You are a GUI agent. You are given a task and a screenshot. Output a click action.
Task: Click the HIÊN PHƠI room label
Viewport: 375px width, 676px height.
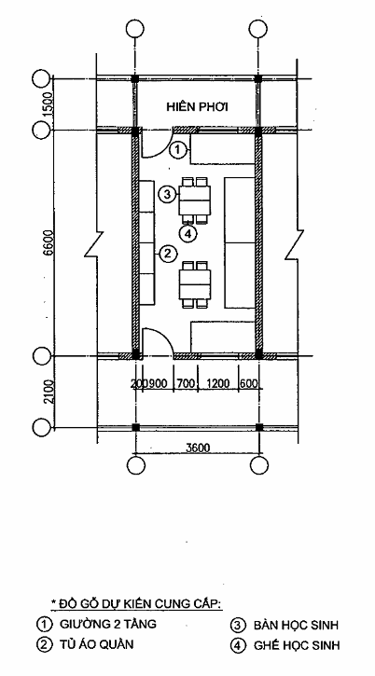(x=197, y=107)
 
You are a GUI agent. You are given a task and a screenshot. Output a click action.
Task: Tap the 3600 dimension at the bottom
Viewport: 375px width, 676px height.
(x=198, y=448)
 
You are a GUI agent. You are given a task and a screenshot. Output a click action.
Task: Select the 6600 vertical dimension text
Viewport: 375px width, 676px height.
(x=48, y=243)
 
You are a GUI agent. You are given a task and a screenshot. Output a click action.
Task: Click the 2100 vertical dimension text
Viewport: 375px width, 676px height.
(x=49, y=392)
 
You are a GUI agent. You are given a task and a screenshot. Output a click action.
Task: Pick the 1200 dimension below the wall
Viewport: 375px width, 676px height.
(x=218, y=384)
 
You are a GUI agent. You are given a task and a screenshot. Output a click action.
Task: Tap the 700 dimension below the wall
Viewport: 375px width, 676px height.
(x=186, y=384)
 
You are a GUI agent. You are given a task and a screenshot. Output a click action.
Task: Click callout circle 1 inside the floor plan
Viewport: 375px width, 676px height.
(x=177, y=151)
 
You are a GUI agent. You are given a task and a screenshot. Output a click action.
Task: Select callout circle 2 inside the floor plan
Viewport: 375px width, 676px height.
(x=167, y=254)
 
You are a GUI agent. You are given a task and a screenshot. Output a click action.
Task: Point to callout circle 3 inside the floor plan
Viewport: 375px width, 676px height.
(x=167, y=195)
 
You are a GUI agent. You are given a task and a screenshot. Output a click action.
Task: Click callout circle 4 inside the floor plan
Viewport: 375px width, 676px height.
(x=188, y=234)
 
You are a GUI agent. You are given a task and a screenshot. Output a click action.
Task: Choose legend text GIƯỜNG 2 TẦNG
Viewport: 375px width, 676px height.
(x=108, y=624)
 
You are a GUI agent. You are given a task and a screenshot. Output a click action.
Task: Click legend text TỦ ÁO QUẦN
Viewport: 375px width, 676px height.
(x=97, y=644)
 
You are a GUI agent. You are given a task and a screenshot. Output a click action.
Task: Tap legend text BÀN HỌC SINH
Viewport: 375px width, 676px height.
(x=296, y=625)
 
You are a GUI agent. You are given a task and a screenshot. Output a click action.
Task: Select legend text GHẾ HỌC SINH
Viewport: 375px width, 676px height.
(x=297, y=645)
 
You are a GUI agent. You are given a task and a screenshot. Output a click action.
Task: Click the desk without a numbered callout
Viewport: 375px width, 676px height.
(x=196, y=284)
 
